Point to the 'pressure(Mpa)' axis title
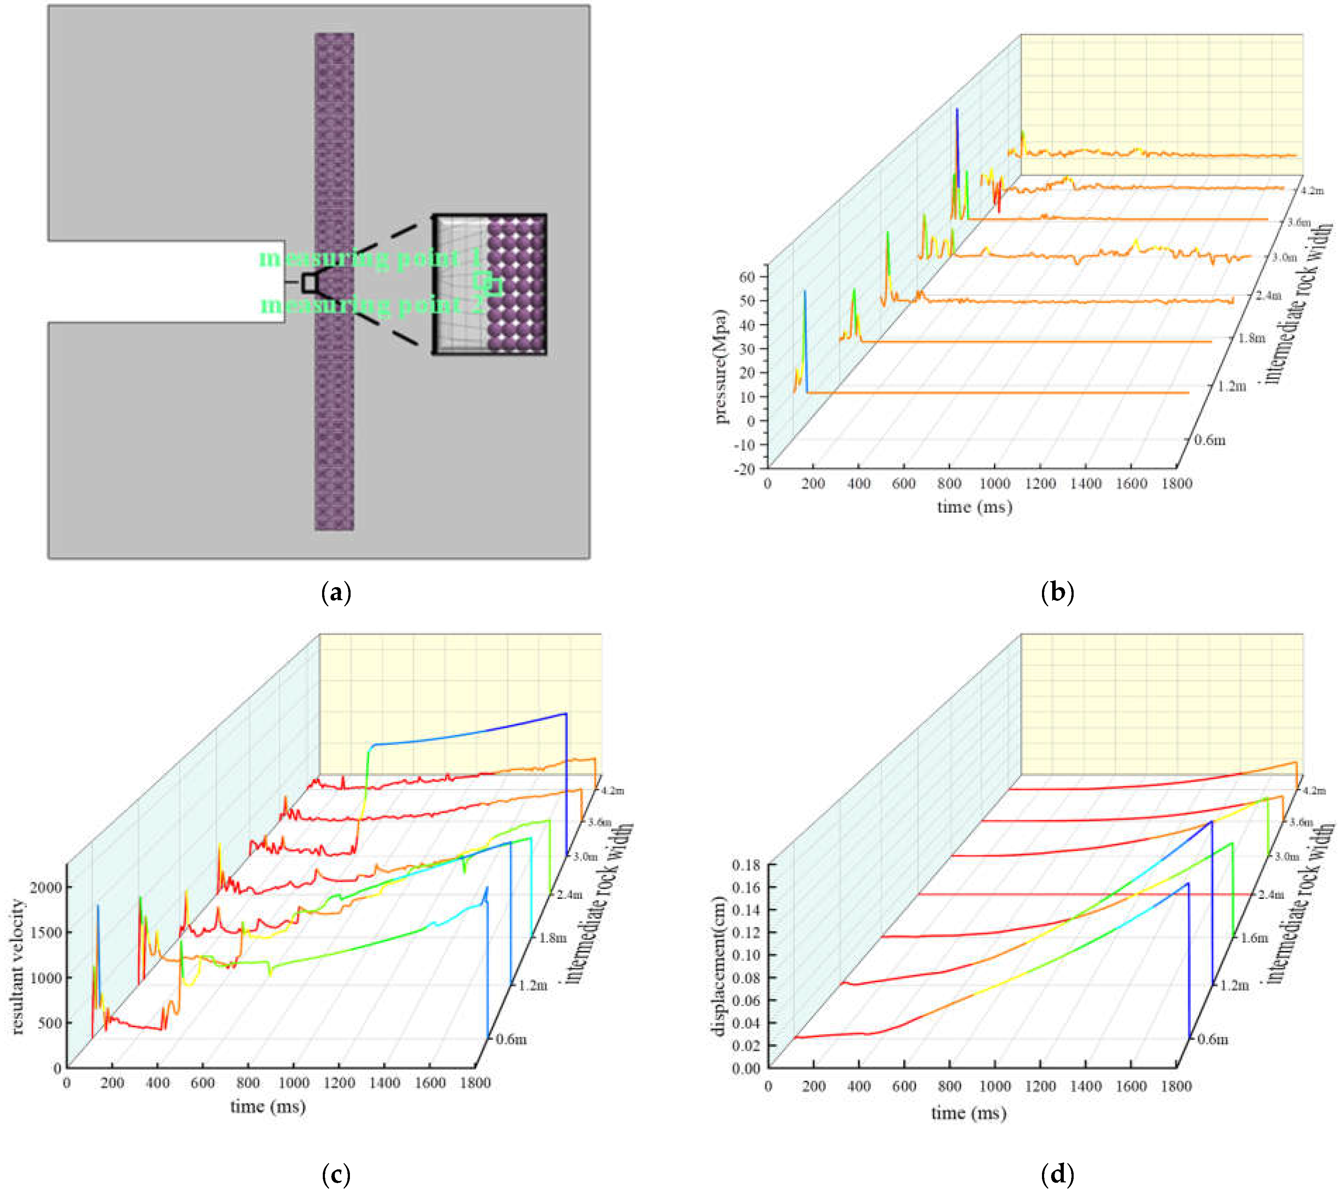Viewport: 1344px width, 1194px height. point(721,366)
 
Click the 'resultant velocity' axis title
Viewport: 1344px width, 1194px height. point(18,967)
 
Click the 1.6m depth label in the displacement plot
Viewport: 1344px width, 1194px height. point(1253,938)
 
